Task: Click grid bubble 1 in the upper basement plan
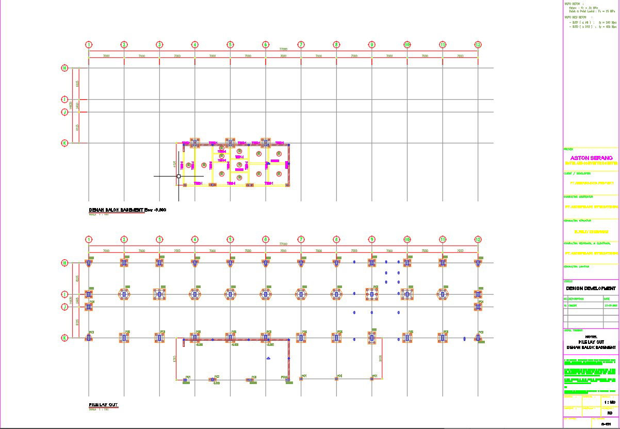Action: pos(89,45)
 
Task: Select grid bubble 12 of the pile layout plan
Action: pos(478,240)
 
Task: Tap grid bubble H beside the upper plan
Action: pos(65,68)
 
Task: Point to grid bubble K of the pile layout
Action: pos(65,338)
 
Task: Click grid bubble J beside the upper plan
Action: pos(65,112)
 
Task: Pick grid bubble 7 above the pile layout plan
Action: pos(301,240)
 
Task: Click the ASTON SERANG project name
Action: pos(591,158)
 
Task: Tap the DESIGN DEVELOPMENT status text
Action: pos(591,288)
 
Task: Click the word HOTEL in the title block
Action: pos(591,337)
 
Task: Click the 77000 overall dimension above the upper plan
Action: pos(283,49)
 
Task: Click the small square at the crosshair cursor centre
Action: pos(178,176)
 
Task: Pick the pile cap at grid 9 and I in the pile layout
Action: pos(371,294)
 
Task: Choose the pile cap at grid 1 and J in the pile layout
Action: pos(89,307)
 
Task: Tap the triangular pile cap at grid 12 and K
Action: pos(478,338)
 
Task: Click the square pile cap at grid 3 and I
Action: pos(159,294)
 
